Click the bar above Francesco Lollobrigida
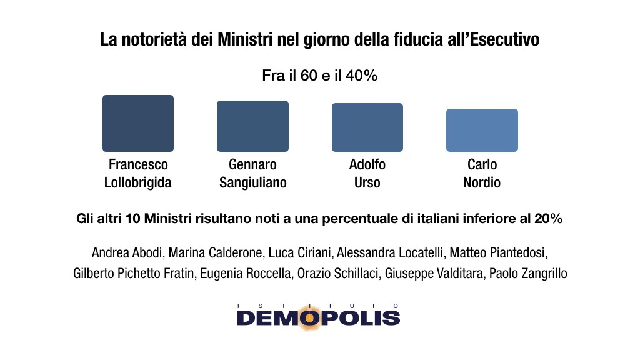pyautogui.click(x=138, y=123)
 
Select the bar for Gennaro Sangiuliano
pyautogui.click(x=252, y=126)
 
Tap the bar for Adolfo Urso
pyautogui.click(x=367, y=127)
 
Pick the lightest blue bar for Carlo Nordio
pyautogui.click(x=482, y=130)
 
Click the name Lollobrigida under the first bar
pyautogui.click(x=138, y=183)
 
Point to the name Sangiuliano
pyautogui.click(x=252, y=183)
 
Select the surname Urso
pyautogui.click(x=367, y=183)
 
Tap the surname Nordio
pyautogui.click(x=482, y=183)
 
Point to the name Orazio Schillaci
pyautogui.click(x=341, y=274)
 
